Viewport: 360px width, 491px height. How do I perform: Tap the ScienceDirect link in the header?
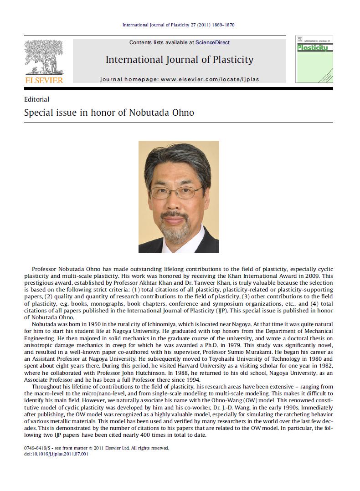tap(212, 42)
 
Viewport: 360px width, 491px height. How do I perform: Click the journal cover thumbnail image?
tap(314, 59)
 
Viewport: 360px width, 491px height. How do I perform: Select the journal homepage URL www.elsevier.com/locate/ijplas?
tap(210, 79)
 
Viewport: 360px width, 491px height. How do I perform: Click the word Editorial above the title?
tap(36, 99)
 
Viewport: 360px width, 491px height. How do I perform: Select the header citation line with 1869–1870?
tap(179, 25)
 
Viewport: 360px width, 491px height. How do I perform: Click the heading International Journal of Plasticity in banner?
tap(180, 60)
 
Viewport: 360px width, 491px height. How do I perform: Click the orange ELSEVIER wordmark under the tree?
tap(44, 80)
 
